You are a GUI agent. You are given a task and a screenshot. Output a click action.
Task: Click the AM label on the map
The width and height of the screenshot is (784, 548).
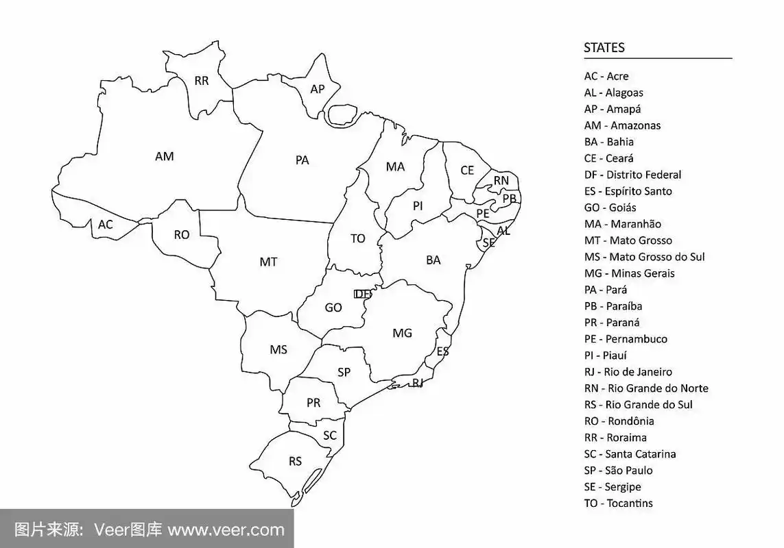[165, 156]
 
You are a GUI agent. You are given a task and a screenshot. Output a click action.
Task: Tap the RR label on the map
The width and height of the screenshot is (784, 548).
[202, 81]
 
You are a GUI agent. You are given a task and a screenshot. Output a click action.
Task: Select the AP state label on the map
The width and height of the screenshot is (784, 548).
[318, 89]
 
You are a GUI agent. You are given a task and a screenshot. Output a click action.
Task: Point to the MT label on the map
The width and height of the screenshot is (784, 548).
[268, 262]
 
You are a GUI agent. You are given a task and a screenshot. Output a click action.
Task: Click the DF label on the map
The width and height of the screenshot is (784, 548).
[362, 294]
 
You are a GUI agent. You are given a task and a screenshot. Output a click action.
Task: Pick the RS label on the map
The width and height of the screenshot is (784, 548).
[295, 461]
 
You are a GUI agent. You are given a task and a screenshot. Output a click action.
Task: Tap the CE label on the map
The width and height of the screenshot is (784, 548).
[467, 170]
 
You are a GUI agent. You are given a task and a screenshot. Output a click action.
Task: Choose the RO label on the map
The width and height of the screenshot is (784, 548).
[181, 235]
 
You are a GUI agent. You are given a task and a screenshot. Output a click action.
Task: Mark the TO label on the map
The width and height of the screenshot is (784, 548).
[358, 238]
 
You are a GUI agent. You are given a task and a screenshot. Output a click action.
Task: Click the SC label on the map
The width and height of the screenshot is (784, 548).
[330, 435]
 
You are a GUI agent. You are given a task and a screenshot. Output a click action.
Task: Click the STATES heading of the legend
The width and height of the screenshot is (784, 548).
[604, 48]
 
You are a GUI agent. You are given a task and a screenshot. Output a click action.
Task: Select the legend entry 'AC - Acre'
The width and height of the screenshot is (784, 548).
[606, 76]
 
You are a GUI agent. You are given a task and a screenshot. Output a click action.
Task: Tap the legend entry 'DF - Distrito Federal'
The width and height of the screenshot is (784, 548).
[632, 175]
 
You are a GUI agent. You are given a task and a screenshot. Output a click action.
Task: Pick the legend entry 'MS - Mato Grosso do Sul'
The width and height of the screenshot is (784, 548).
[644, 257]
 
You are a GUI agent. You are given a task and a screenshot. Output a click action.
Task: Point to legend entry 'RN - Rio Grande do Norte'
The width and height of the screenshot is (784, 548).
[646, 388]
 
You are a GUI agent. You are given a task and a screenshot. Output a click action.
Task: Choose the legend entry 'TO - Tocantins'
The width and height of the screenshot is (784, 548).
[618, 503]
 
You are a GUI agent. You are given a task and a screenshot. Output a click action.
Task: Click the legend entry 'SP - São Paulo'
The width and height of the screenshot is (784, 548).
[618, 471]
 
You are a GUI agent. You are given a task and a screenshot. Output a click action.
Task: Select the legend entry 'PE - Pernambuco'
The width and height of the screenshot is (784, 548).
[626, 339]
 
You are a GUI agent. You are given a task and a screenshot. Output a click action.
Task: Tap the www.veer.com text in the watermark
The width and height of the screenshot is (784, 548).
[226, 530]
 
